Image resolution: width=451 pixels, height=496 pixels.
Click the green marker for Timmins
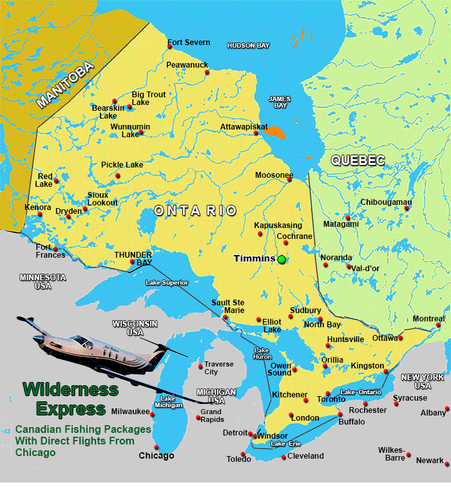tap(282, 259)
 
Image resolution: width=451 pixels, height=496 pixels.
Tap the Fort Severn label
tap(189, 43)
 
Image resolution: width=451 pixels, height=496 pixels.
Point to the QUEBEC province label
tap(358, 160)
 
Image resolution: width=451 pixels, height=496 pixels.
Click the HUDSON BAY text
tap(248, 45)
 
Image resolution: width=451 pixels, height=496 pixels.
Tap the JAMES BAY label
tap(280, 102)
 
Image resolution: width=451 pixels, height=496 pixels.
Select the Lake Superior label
tap(167, 282)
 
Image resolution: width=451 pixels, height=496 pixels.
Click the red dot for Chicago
tap(156, 447)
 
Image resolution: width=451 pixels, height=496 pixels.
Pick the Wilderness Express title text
tap(71, 399)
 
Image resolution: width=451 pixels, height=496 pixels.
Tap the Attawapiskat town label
tap(244, 127)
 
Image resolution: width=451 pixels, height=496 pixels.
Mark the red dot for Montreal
tap(443, 325)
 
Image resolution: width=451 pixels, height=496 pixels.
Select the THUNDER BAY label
tap(133, 258)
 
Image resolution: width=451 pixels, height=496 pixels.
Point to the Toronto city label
tap(331, 399)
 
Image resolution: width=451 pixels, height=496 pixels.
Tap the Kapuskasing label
tap(278, 225)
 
